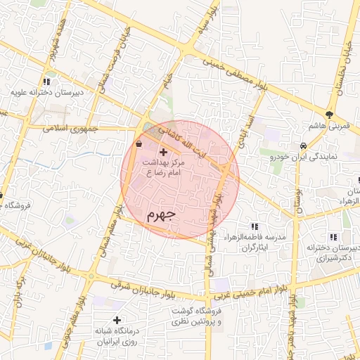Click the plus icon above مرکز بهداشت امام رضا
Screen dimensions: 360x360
(164, 152)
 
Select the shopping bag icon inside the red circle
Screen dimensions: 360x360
(139, 143)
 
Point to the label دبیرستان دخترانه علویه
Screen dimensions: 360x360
(46, 92)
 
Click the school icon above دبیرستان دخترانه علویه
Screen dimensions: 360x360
(47, 81)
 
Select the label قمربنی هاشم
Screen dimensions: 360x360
(328, 126)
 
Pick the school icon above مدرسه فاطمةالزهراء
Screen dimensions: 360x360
(255, 226)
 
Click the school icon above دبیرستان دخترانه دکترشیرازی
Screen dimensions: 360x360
(333, 237)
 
